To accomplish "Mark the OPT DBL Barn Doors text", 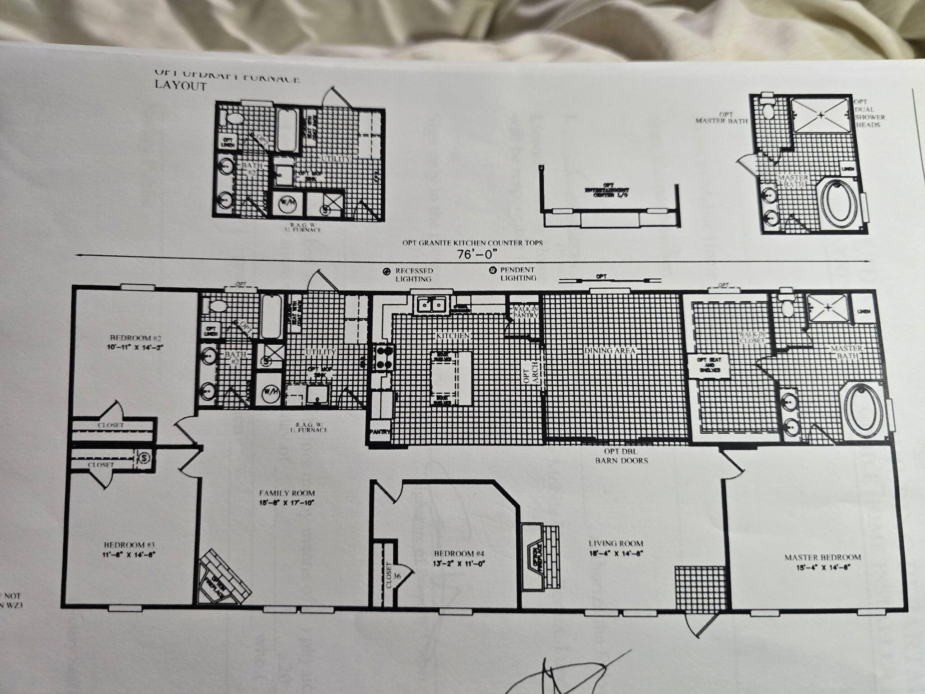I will [x=621, y=456].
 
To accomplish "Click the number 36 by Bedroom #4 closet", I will [x=397, y=576].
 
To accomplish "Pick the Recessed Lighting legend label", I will [x=413, y=275].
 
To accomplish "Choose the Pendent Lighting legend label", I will [x=518, y=274].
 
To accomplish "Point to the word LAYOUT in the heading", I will [x=181, y=86].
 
